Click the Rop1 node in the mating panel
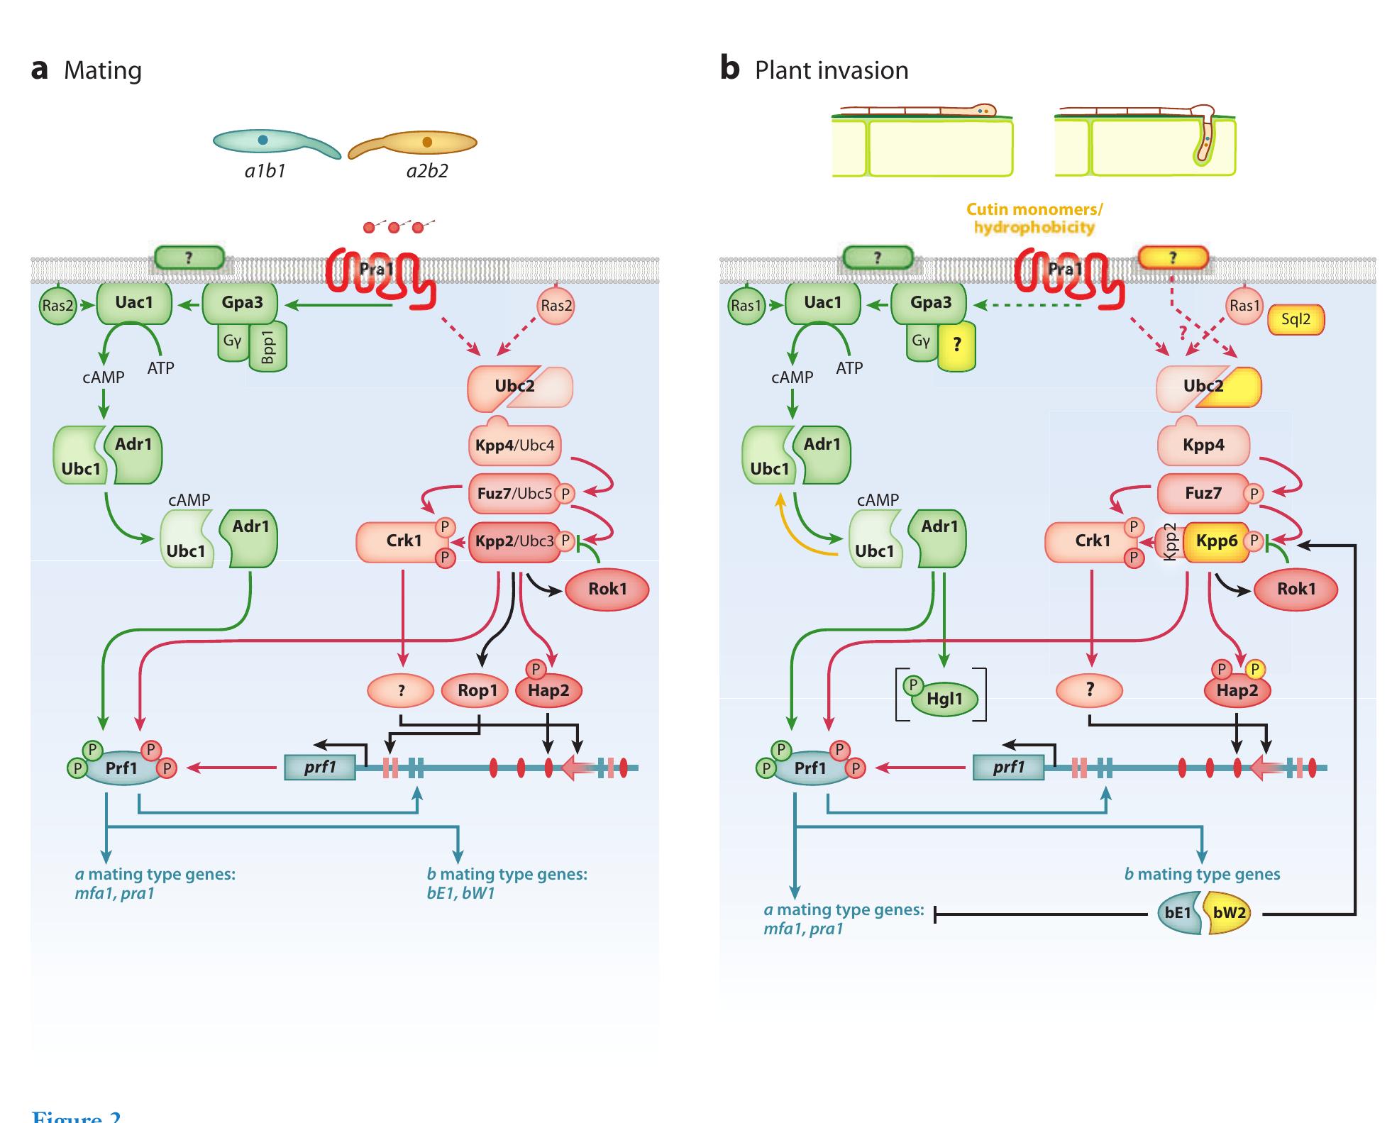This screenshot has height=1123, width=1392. (477, 690)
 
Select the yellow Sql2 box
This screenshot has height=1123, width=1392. (1296, 319)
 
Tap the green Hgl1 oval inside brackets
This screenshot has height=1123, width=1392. (944, 699)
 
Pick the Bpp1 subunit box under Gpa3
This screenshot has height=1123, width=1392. (268, 347)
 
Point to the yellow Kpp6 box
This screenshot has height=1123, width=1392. (1216, 541)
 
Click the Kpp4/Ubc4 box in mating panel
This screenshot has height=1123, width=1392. (514, 446)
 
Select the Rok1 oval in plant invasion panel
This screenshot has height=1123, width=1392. (1296, 589)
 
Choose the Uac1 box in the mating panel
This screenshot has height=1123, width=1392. (133, 303)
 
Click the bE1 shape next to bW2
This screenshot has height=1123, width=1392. (1178, 912)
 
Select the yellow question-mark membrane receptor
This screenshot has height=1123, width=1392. (1172, 258)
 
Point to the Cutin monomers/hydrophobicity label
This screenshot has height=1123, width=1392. (1034, 218)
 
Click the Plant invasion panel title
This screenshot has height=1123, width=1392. (831, 70)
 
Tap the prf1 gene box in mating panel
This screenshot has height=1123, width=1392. (320, 767)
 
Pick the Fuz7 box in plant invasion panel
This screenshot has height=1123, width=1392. (1203, 493)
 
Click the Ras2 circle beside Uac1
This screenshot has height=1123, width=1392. (57, 306)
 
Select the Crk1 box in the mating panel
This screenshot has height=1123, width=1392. (403, 541)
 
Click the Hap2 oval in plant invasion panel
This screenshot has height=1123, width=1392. (1237, 690)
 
